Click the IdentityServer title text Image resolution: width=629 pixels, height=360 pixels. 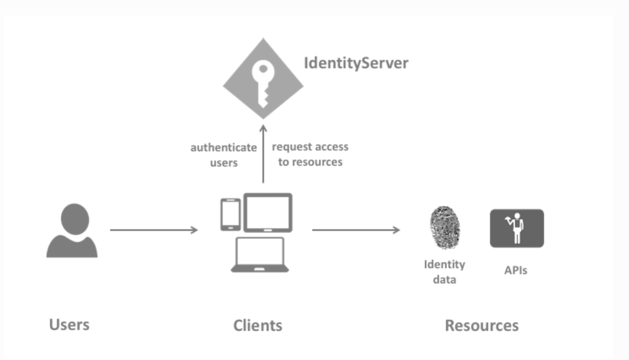[356, 63]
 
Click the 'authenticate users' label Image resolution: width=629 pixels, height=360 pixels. [224, 155]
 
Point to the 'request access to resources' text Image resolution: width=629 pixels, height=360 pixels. [310, 154]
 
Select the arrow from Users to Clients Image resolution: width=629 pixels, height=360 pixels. [154, 230]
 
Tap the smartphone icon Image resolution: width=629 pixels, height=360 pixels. [230, 215]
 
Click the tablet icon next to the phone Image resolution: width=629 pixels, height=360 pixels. [267, 212]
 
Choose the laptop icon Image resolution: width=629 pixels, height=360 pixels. [260, 255]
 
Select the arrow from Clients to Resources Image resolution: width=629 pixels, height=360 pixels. [356, 230]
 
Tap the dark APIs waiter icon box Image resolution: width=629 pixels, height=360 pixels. [517, 228]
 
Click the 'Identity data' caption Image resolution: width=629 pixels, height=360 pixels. [445, 272]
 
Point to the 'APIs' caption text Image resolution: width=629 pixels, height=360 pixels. [515, 270]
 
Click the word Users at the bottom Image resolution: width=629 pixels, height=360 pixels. [70, 324]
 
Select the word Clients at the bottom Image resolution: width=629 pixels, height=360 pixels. [257, 325]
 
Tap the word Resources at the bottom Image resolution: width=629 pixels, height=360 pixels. [482, 325]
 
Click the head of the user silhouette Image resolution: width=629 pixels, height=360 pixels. [74, 218]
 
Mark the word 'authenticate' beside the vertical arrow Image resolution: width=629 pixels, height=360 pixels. [224, 148]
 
